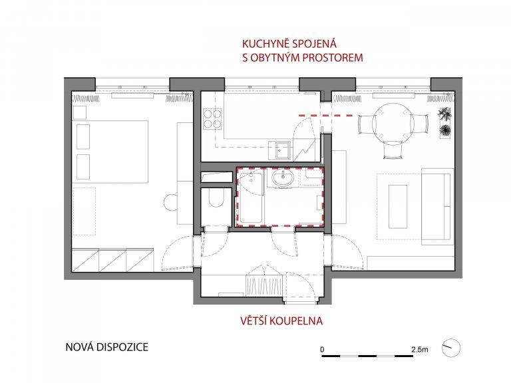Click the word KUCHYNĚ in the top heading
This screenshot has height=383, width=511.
click(265, 45)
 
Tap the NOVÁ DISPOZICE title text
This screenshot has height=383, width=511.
click(106, 346)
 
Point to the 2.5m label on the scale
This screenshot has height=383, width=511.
click(420, 348)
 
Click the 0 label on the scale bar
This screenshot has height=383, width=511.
click(322, 348)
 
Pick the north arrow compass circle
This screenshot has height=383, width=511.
click(452, 346)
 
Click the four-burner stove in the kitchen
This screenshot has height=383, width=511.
click(212, 118)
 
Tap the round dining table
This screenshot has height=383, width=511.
click(389, 123)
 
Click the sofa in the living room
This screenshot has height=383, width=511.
click(436, 206)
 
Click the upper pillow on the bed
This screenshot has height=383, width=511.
click(83, 136)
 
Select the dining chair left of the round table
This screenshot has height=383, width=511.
click(365, 124)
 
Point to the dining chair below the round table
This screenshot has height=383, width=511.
click(391, 151)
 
